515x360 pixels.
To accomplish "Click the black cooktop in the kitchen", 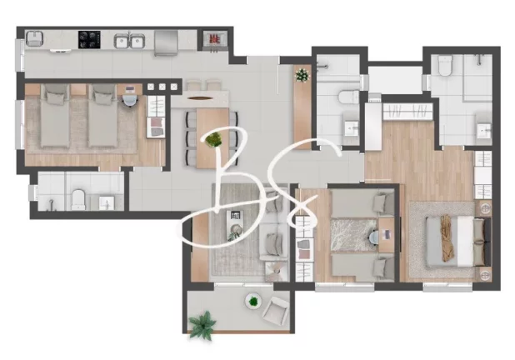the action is pyautogui.click(x=89, y=40).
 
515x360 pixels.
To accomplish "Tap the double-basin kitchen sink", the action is pyautogui.click(x=130, y=41).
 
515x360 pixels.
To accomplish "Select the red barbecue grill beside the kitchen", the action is pyautogui.click(x=214, y=39).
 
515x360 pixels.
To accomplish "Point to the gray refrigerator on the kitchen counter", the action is pyautogui.click(x=166, y=43).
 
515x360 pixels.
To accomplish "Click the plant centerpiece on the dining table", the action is pyautogui.click(x=213, y=140).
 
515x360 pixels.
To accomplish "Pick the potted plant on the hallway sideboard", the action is pyautogui.click(x=302, y=75).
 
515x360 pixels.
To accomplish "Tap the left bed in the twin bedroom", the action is pyautogui.click(x=55, y=116).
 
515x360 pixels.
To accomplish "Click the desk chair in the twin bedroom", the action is pyautogui.click(x=130, y=99).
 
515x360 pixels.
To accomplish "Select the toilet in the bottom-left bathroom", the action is pyautogui.click(x=78, y=199).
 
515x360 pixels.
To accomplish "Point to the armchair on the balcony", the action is pyautogui.click(x=276, y=311).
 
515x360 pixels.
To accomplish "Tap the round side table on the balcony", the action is pyautogui.click(x=253, y=301).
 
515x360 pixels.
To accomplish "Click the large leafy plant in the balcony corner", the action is pyautogui.click(x=202, y=324).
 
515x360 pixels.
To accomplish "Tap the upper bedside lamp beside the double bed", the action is pyautogui.click(x=486, y=207).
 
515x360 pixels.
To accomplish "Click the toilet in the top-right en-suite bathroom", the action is pyautogui.click(x=445, y=65).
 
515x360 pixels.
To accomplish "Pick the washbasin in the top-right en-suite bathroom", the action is pyautogui.click(x=483, y=130).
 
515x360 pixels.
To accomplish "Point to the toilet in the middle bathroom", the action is pyautogui.click(x=349, y=97).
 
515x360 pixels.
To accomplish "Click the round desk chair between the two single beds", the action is pyautogui.click(x=374, y=237).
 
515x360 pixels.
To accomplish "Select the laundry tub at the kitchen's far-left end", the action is pyautogui.click(x=34, y=39).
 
